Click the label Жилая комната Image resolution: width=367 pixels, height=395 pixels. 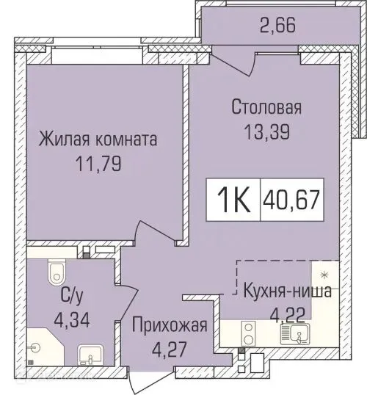[x=98, y=138]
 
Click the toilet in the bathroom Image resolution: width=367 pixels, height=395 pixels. [x=54, y=273]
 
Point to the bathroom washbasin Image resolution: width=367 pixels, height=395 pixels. [x=87, y=356]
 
